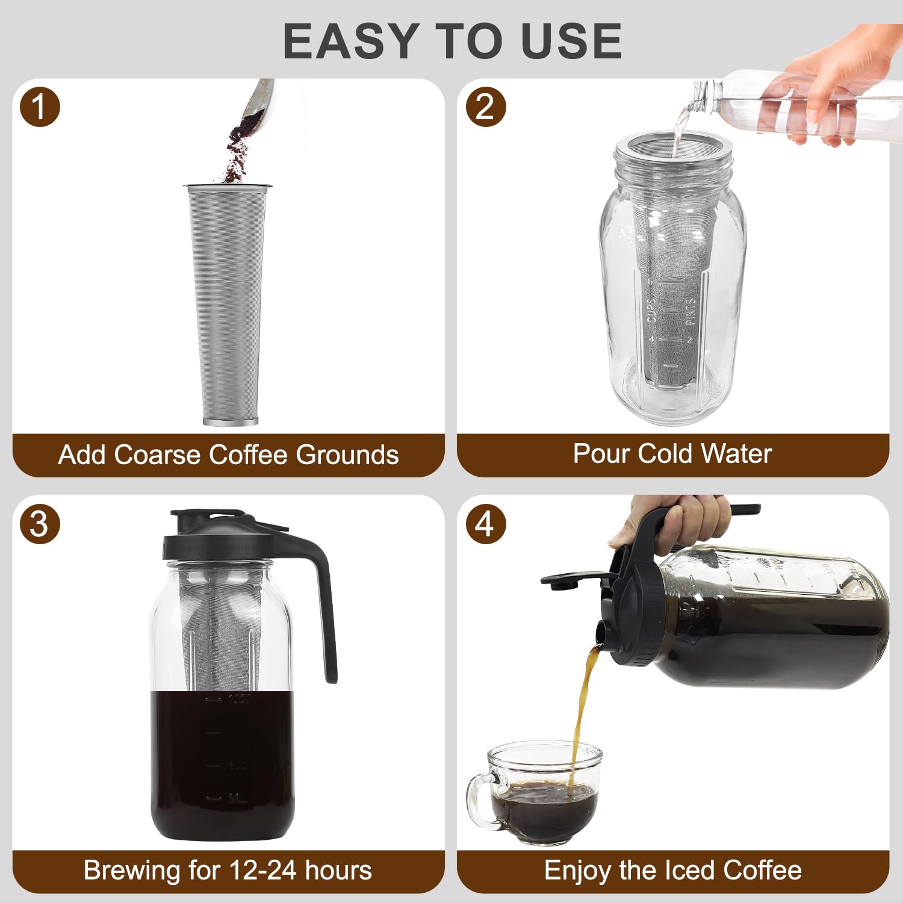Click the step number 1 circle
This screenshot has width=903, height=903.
click(x=40, y=107)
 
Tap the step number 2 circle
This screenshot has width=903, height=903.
click(x=485, y=107)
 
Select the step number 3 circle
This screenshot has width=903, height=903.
click(x=40, y=524)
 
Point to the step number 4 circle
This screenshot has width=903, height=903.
click(x=485, y=524)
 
